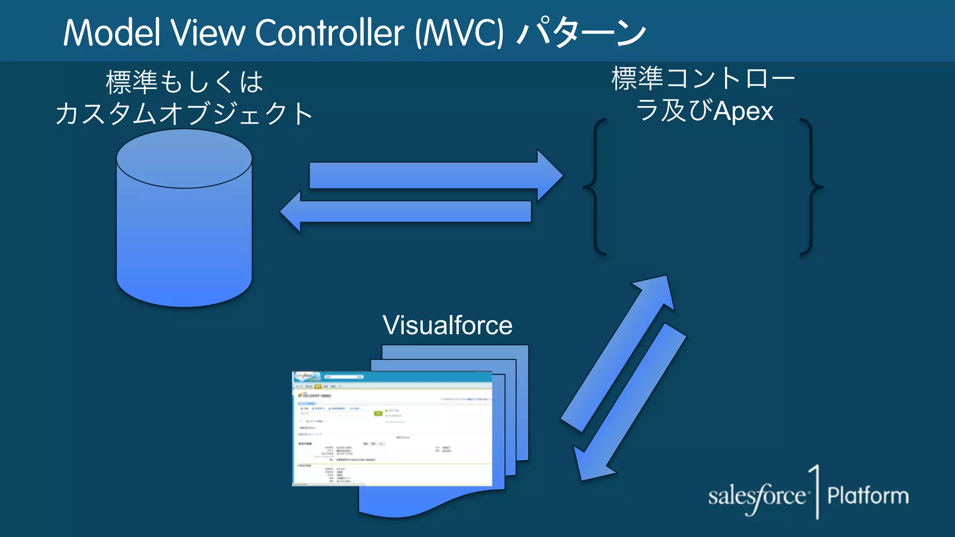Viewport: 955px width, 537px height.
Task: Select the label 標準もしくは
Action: point(185,82)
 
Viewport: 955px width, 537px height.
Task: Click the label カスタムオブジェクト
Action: point(185,114)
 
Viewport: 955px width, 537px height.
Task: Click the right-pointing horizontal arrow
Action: point(434,176)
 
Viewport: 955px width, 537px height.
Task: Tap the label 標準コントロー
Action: point(703,78)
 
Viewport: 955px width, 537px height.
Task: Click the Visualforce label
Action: point(447,325)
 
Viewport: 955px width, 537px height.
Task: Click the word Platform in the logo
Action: point(868,496)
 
